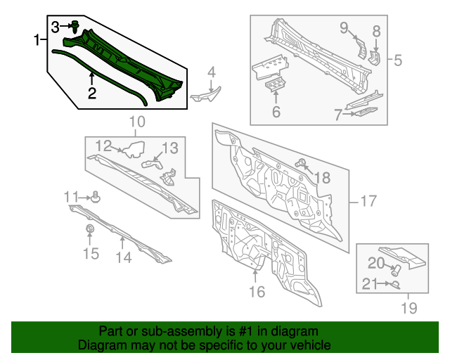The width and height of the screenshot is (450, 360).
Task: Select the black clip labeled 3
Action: pos(75,27)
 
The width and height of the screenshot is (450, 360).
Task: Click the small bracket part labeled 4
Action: pos(207,91)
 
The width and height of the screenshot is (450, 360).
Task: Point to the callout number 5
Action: pos(398,60)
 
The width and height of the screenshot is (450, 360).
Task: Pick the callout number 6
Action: pos(276,112)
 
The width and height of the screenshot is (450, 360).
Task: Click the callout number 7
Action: pos(338,114)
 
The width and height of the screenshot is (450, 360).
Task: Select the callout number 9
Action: pos(345,27)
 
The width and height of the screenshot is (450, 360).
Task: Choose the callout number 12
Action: pos(103,146)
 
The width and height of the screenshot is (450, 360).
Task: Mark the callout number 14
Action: pos(123,258)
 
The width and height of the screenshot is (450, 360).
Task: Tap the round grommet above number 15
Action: pos(90,231)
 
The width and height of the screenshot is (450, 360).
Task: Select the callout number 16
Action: pos(257,291)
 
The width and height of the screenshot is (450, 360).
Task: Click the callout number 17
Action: pos(368,202)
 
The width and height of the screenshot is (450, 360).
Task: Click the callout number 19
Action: pos(409,307)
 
